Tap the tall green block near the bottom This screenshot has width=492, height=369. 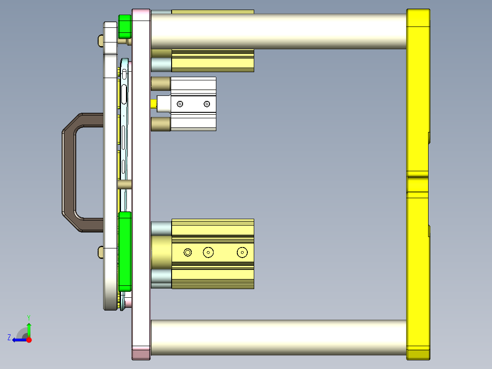click(x=125, y=251)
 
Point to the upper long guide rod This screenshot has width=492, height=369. click(x=278, y=31)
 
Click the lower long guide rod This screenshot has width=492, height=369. click(x=278, y=337)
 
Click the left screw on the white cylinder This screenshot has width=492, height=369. click(x=180, y=104)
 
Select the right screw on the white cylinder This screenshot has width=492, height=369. click(x=207, y=104)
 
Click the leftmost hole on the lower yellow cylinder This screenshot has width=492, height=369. click(x=188, y=252)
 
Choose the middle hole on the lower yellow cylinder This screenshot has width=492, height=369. click(x=209, y=252)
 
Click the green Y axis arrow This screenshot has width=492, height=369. click(x=29, y=328)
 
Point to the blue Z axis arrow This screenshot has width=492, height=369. click(x=18, y=339)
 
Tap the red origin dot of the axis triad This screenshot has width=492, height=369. click(x=29, y=339)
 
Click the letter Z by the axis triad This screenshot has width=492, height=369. click(x=9, y=337)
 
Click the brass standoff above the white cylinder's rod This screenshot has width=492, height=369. click(x=160, y=84)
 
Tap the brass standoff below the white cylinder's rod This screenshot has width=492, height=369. click(x=160, y=124)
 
